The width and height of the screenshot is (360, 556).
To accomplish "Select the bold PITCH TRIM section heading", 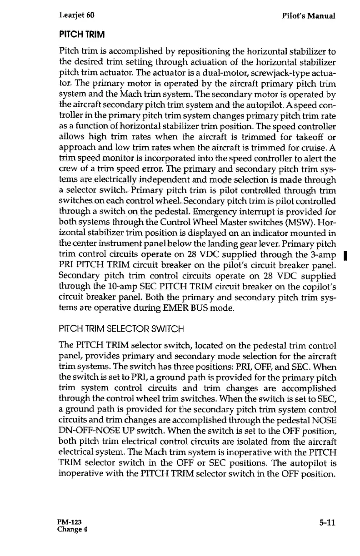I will tap(82, 35).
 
